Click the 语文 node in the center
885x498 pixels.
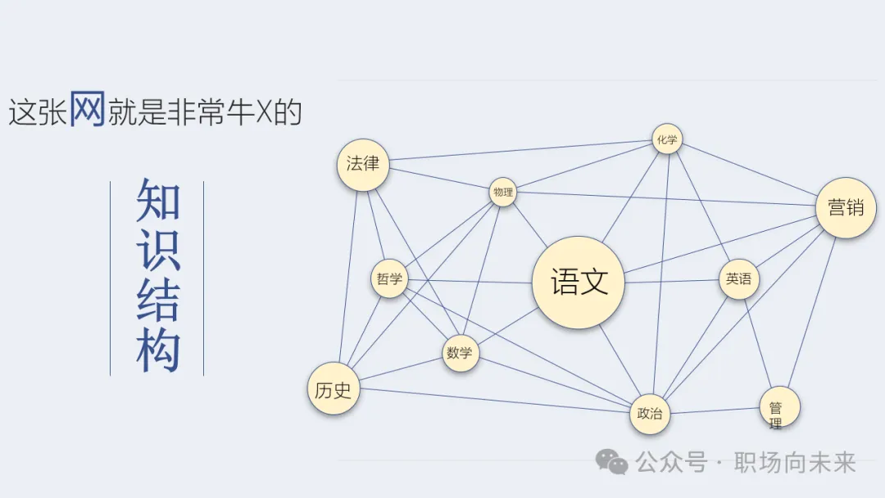(x=579, y=283)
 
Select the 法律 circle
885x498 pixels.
(x=363, y=164)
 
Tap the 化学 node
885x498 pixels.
(x=667, y=140)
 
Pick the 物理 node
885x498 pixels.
(x=503, y=192)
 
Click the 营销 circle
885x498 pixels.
(x=846, y=208)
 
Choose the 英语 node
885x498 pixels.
(x=738, y=279)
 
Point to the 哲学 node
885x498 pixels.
(x=389, y=278)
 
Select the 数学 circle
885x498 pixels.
(x=460, y=353)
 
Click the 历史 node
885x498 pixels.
(x=333, y=390)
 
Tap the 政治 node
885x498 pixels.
(x=650, y=414)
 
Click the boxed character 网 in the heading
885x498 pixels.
(x=87, y=110)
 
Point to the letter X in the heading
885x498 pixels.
(x=263, y=113)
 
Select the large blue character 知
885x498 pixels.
(x=157, y=199)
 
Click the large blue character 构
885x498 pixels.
(x=157, y=351)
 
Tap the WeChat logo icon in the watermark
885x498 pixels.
(x=611, y=463)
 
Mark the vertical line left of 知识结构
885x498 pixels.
(x=111, y=278)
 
